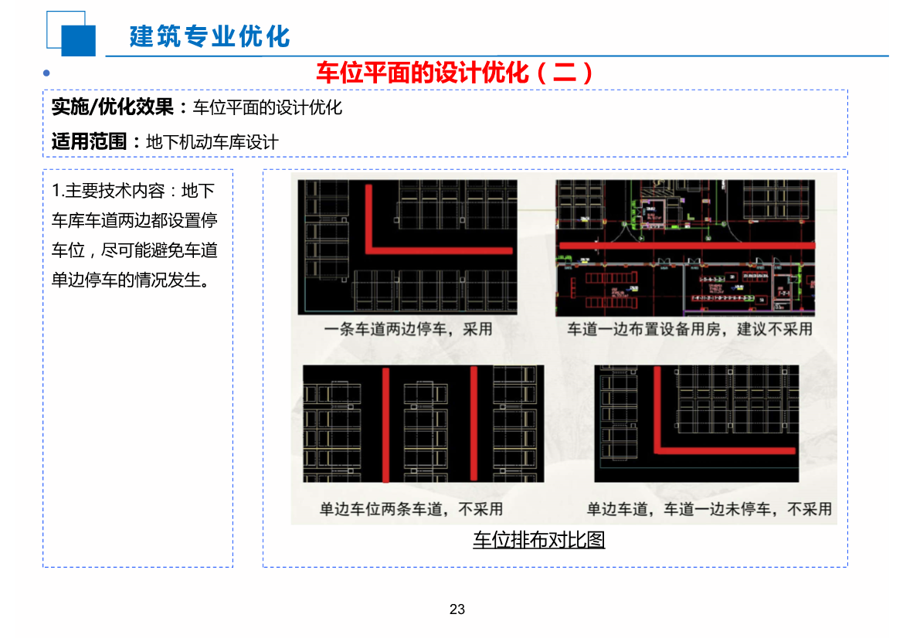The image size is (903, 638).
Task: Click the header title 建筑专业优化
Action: coord(209,36)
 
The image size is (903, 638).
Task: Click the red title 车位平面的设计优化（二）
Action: coord(455,73)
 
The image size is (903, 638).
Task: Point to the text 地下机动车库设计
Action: coord(212,142)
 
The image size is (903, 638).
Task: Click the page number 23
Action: coord(457,609)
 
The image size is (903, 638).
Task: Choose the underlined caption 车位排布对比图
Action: coord(538,539)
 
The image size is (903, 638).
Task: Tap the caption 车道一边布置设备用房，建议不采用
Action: coord(690,329)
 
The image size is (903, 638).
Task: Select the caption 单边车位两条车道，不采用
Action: coord(411,509)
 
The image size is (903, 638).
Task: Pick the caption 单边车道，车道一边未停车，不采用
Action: coord(709,509)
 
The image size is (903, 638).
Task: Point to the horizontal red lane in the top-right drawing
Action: coord(686,245)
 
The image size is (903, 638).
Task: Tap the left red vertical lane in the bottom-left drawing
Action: coord(385,423)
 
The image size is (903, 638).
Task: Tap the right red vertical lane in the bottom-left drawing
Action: coord(474,423)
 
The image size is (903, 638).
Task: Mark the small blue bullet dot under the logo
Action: coord(46,73)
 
